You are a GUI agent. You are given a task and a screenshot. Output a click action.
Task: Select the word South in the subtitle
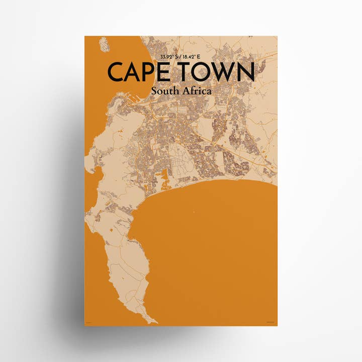click(x=165, y=92)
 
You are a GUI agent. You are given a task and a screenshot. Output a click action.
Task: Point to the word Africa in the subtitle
click(x=197, y=92)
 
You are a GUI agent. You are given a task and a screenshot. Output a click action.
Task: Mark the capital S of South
click(x=153, y=92)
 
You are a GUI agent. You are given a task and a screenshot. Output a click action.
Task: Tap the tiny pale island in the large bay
click(x=193, y=212)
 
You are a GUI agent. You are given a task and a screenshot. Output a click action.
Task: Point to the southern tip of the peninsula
click(x=154, y=322)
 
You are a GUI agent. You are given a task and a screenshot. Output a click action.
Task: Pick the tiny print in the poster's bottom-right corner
click(x=271, y=322)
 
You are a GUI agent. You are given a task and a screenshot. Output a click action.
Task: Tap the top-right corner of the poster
click(x=277, y=36)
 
